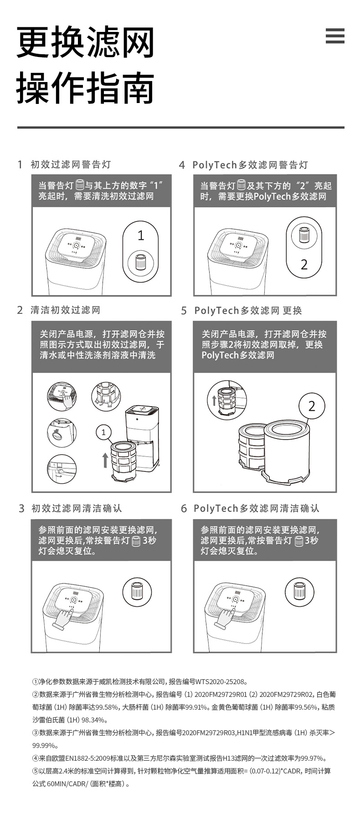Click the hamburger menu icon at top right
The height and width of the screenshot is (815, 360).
335,36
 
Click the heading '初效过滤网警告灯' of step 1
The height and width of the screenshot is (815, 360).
71,164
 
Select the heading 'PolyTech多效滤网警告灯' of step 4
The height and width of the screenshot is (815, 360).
250,165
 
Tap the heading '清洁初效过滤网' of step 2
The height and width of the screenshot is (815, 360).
66,310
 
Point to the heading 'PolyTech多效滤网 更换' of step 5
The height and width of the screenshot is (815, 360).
248,310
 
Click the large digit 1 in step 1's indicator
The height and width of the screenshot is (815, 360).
141,235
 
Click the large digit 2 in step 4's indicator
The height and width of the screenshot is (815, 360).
304,264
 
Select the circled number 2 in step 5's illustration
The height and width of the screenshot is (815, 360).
312,406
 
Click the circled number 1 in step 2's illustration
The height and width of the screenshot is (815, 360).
104,432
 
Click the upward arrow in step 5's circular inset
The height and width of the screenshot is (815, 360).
214,401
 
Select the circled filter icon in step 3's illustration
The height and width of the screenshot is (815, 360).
137,591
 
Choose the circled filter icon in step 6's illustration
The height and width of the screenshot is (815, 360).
299,591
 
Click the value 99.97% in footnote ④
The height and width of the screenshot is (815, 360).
313,758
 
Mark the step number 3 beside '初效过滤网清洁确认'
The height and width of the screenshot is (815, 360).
21,508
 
